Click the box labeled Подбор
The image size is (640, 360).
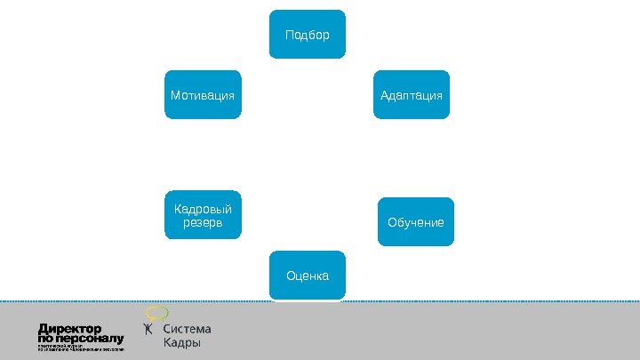click(308, 35)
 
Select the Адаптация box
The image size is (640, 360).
click(411, 94)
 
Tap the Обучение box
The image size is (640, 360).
click(415, 220)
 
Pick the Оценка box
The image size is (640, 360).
click(308, 276)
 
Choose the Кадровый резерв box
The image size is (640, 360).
click(204, 215)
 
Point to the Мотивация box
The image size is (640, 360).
click(204, 94)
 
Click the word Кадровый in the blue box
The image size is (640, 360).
click(204, 209)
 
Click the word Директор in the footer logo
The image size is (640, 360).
click(70, 326)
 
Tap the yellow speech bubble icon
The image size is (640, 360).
click(157, 312)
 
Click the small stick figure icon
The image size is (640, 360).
click(149, 331)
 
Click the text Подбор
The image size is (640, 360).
click(308, 36)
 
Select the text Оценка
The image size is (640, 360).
click(308, 276)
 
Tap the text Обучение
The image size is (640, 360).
click(415, 220)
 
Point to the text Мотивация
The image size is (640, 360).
click(204, 94)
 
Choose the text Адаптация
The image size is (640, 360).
click(411, 94)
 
